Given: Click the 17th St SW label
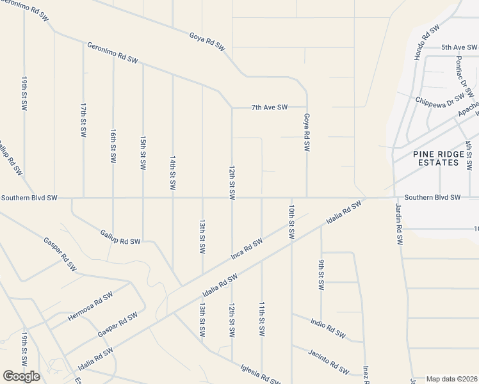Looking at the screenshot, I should tap(83, 120).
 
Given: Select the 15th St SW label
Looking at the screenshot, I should tap(143, 152).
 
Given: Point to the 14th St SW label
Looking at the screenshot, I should tap(173, 172).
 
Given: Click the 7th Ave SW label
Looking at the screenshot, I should tap(269, 108).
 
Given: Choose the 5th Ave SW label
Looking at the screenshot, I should tap(459, 47).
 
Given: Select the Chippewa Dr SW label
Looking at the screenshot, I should tap(439, 100).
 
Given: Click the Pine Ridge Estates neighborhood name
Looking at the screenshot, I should tap(436, 158).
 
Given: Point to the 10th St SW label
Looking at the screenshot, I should tap(291, 222).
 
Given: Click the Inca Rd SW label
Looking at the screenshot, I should tap(247, 250).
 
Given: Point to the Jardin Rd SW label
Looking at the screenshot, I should tap(398, 225).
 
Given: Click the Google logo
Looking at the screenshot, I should tap(21, 376).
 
